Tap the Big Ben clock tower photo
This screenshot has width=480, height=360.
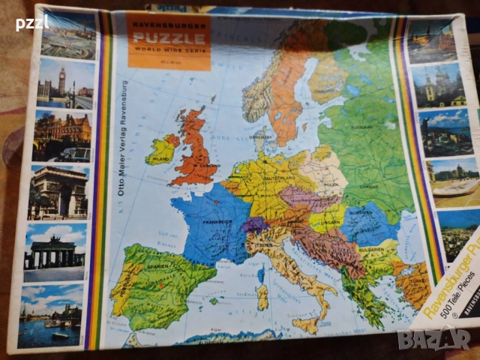click(66, 83)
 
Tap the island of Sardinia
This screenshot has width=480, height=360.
click(262, 297)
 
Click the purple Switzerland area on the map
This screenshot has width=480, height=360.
click(253, 224)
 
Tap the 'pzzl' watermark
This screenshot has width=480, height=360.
click(31, 22)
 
